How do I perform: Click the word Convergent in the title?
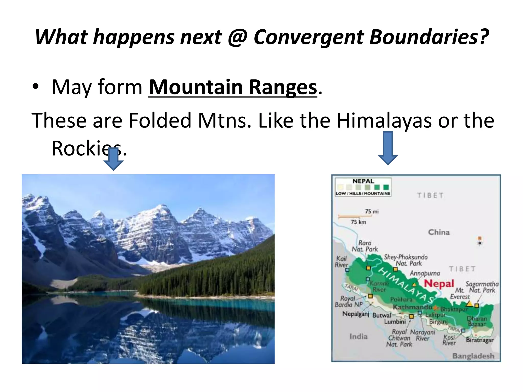coord(309,37)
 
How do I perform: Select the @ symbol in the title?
coord(237,37)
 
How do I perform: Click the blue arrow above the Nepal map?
coord(388,148)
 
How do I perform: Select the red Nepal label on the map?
coord(439,284)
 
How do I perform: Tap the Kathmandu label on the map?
coord(412,307)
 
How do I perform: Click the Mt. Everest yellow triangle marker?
coord(469,303)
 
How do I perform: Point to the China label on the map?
coord(439,232)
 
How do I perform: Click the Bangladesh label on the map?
coord(473,356)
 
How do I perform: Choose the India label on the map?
coord(358,337)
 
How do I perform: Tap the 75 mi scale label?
coord(372,212)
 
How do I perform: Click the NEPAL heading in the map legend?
coord(363,181)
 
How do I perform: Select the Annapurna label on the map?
coord(425,273)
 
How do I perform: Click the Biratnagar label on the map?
coord(480,340)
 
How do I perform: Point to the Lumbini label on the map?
coord(395,322)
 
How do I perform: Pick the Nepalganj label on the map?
coord(355,314)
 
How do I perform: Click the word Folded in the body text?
coord(160,120)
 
